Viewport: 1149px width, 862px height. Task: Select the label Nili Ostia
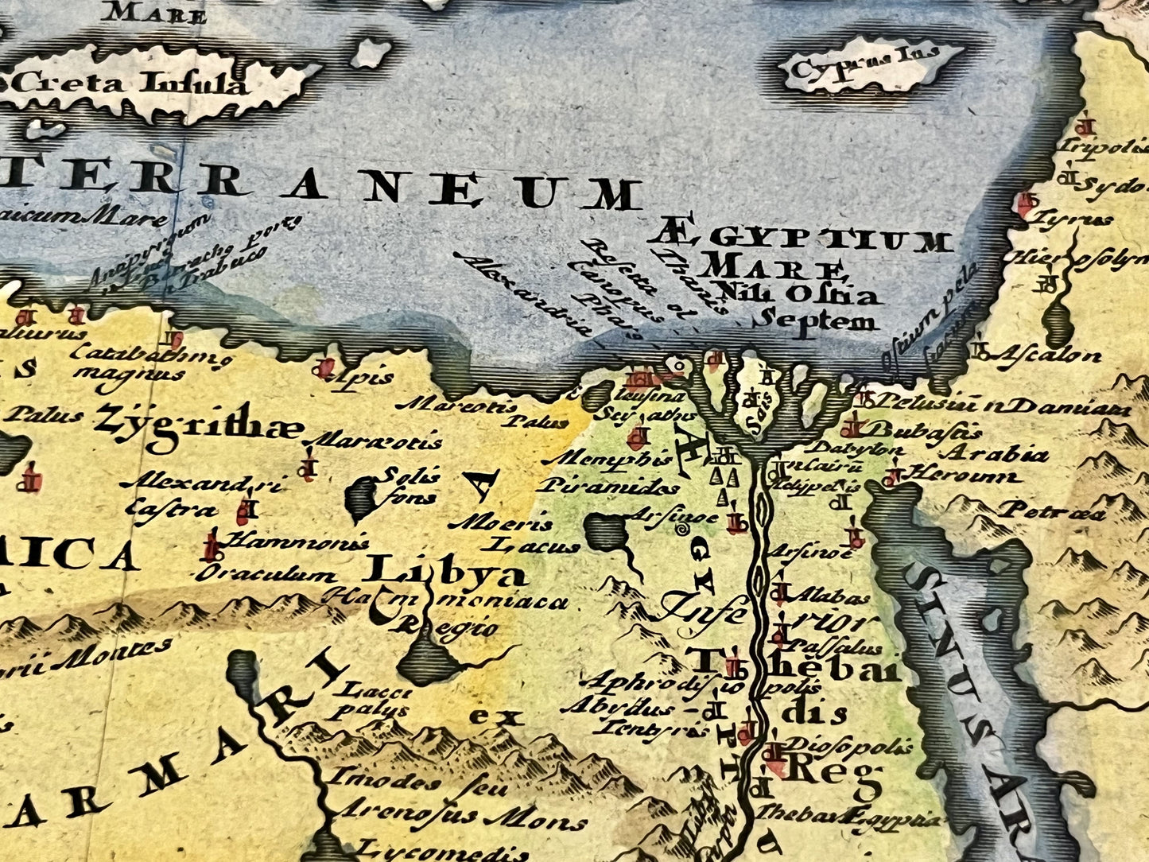795,293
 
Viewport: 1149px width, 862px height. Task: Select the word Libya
444,571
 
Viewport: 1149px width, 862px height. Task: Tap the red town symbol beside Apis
324,367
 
